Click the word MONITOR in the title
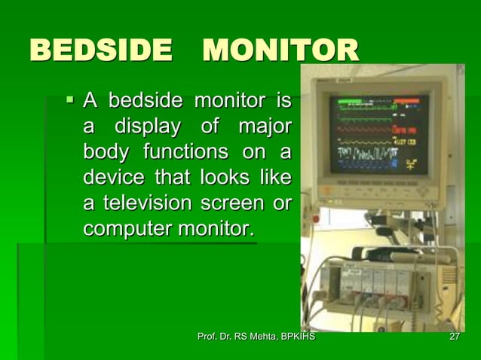280,52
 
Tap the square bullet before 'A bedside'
70,98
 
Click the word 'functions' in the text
176,152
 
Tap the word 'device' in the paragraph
113,178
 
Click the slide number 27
454,337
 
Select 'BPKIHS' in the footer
297,337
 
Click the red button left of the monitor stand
316,219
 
